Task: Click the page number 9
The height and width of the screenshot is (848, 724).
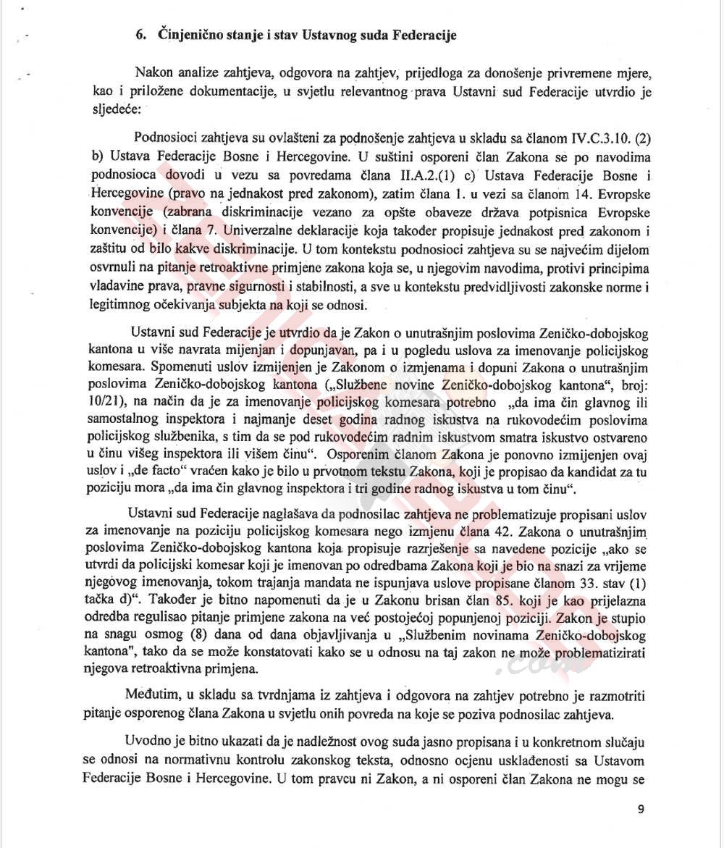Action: pyautogui.click(x=641, y=810)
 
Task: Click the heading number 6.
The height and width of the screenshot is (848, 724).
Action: pyautogui.click(x=141, y=35)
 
